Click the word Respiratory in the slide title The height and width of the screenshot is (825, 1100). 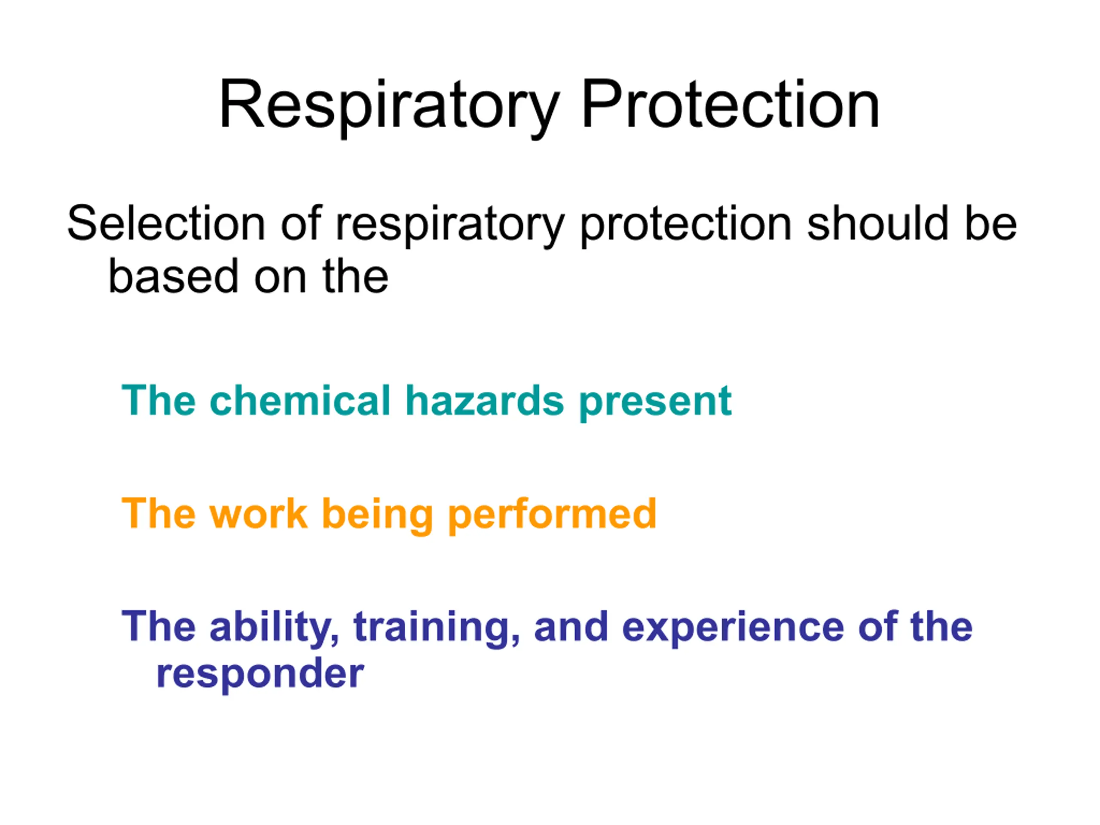click(x=389, y=107)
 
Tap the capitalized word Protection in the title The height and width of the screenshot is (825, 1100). click(x=730, y=104)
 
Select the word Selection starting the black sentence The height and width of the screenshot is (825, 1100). click(x=166, y=223)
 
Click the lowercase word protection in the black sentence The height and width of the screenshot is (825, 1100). click(x=686, y=226)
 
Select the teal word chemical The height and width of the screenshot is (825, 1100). click(x=300, y=400)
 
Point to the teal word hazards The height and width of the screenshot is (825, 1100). click(x=485, y=400)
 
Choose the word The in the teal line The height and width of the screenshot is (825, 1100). click(x=159, y=400)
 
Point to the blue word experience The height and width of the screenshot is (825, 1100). click(x=733, y=629)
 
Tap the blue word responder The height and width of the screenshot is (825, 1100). click(x=260, y=676)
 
